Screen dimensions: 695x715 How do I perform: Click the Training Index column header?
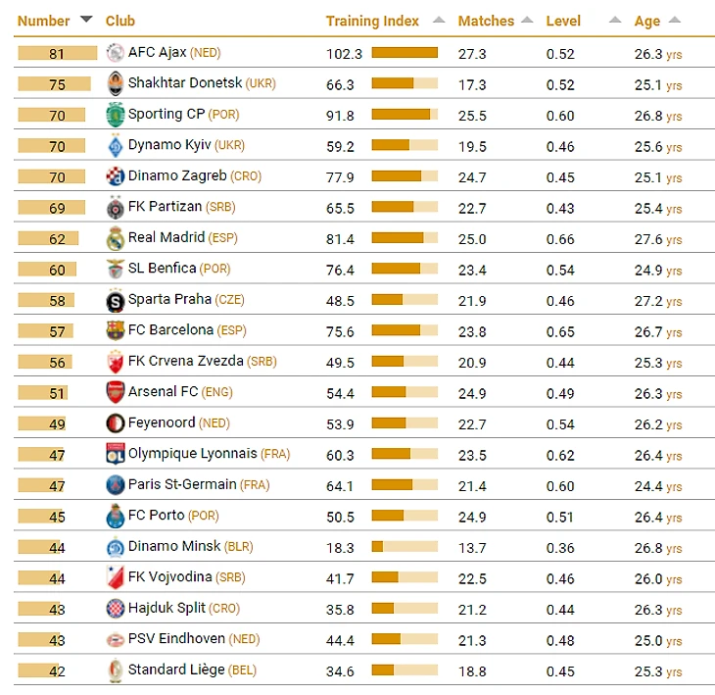coord(372,21)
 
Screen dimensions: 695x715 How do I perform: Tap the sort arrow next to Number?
coord(86,20)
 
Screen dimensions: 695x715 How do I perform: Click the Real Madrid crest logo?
coord(115,238)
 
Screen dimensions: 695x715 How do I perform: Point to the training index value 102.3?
coord(344,54)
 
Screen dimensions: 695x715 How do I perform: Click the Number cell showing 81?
coord(57,54)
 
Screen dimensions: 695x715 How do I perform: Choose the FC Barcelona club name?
coord(170,330)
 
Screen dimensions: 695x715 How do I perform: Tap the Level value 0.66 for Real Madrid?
coord(560,239)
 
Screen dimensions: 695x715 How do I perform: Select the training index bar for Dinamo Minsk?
coord(405,547)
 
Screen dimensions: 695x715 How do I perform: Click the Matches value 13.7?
coord(472,548)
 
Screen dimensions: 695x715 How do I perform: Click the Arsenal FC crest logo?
coord(115,392)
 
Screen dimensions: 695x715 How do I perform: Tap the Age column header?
coord(647,21)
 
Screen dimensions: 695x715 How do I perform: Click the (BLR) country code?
coord(238,547)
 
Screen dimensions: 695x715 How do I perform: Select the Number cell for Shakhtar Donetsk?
coord(57,84)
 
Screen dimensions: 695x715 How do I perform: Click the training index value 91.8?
coord(340,116)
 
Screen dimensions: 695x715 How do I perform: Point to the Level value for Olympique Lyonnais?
coord(560,455)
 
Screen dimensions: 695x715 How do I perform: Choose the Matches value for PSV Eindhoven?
coord(472,640)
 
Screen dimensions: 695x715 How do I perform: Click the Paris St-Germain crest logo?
coord(115,485)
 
